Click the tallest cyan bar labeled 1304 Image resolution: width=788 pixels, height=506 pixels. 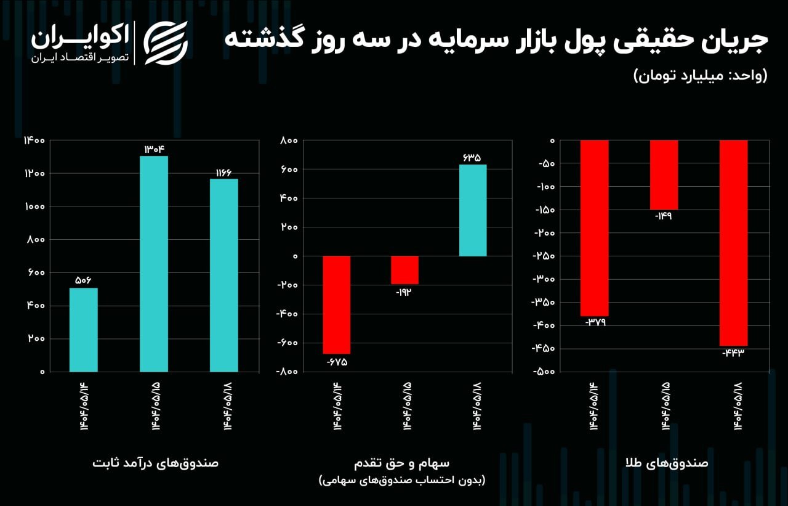(x=154, y=264)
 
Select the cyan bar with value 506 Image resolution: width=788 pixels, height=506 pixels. (x=83, y=330)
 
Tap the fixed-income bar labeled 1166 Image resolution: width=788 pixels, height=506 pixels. (x=224, y=275)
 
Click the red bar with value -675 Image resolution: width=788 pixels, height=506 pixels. (x=337, y=304)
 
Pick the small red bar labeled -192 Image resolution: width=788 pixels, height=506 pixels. (x=404, y=270)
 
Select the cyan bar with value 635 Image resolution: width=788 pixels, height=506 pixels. (x=473, y=210)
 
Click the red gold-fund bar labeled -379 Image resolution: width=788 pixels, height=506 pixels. (x=594, y=228)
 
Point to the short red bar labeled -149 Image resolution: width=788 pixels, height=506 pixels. (x=664, y=175)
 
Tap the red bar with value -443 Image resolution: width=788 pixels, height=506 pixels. (x=734, y=243)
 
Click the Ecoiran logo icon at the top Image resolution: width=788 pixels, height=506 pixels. (x=165, y=43)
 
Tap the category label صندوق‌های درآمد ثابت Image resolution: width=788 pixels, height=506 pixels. (x=156, y=462)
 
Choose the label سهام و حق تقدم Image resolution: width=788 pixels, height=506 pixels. (x=401, y=462)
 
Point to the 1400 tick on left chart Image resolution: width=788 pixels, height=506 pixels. (x=34, y=141)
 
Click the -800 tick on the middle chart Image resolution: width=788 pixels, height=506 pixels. (x=286, y=372)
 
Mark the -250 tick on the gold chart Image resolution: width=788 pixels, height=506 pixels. (x=544, y=256)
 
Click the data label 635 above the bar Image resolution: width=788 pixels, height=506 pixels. (x=472, y=158)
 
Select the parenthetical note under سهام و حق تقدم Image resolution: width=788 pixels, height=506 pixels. (x=401, y=479)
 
